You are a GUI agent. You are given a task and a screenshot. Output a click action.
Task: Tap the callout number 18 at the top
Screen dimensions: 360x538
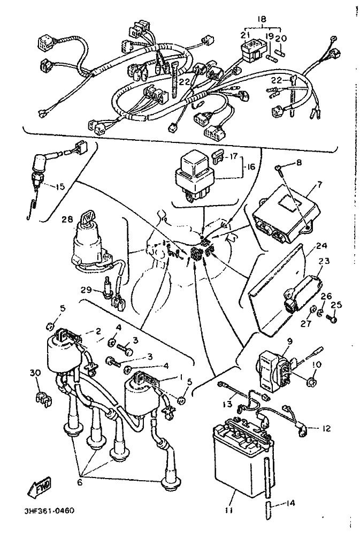[262, 19]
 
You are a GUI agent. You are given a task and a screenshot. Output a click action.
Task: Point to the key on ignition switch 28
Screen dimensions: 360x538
[87, 217]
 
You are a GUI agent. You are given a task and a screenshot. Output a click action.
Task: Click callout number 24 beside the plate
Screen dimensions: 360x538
[322, 246]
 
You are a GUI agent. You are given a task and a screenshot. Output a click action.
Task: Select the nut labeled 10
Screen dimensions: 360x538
[312, 382]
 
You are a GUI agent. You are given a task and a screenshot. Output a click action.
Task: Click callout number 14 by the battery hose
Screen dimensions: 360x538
[290, 503]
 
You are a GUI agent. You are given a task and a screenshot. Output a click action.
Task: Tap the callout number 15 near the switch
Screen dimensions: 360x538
[60, 187]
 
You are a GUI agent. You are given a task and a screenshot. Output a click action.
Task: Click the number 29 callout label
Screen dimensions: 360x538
[87, 290]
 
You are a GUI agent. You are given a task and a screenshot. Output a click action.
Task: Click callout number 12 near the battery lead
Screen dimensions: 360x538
[326, 429]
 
